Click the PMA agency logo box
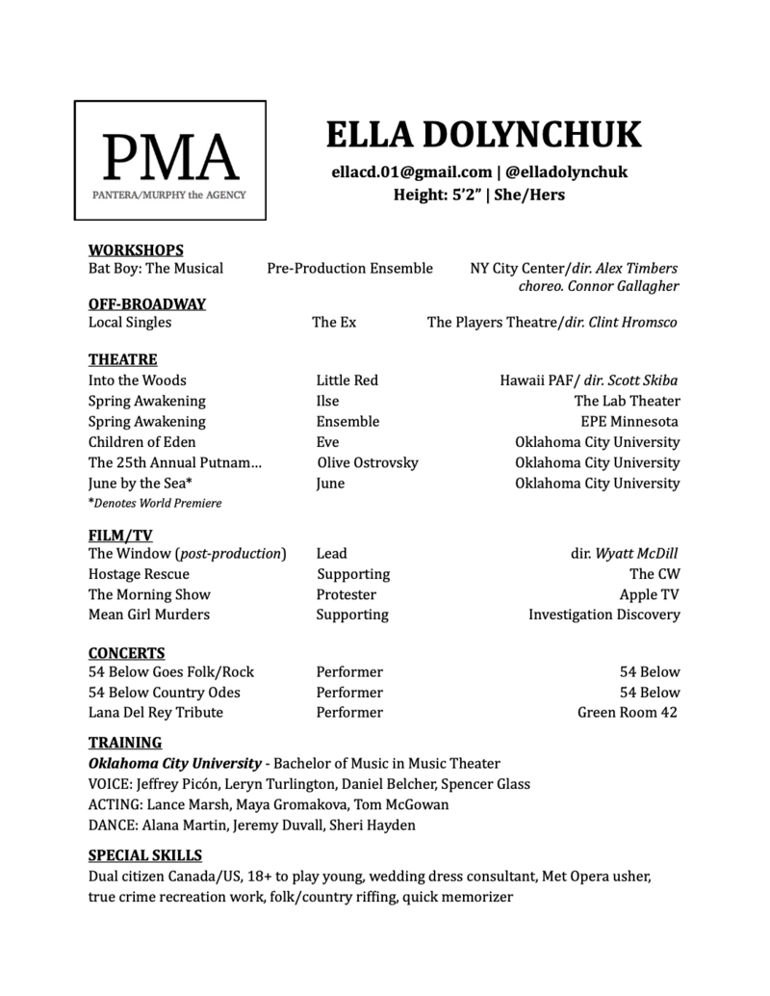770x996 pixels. [x=170, y=161]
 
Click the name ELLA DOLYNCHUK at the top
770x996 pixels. [x=484, y=135]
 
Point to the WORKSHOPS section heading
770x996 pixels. [x=136, y=250]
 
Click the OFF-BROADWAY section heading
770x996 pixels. [x=147, y=304]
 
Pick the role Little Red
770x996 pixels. [x=346, y=380]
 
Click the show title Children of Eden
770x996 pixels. [x=141, y=442]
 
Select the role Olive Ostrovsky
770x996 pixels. [x=368, y=462]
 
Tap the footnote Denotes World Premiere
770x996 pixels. [x=157, y=503]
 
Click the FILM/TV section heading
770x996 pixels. [x=120, y=535]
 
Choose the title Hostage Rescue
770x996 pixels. [x=139, y=574]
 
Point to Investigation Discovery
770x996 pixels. [x=603, y=615]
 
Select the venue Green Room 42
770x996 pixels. [x=627, y=713]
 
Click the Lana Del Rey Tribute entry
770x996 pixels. [x=155, y=713]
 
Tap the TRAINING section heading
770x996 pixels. [x=125, y=743]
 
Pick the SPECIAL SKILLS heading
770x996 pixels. [x=145, y=855]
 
